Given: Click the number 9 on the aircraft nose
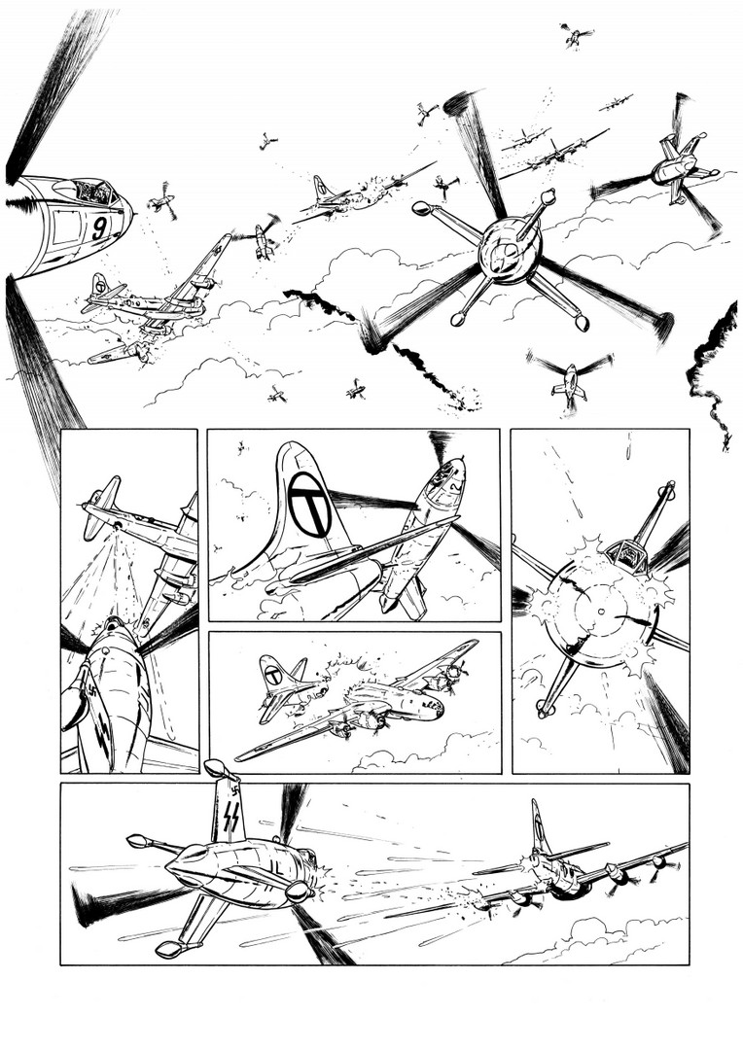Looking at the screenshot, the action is (x=100, y=227).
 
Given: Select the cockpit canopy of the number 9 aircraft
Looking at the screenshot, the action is (x=93, y=192).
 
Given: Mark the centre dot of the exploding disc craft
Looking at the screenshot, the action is (x=602, y=610).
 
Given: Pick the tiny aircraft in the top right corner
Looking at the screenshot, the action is (x=576, y=36).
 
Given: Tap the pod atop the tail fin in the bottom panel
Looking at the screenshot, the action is (x=222, y=769).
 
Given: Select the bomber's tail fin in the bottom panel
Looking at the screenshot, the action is (x=540, y=827).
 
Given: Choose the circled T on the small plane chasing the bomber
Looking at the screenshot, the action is (x=273, y=676).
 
